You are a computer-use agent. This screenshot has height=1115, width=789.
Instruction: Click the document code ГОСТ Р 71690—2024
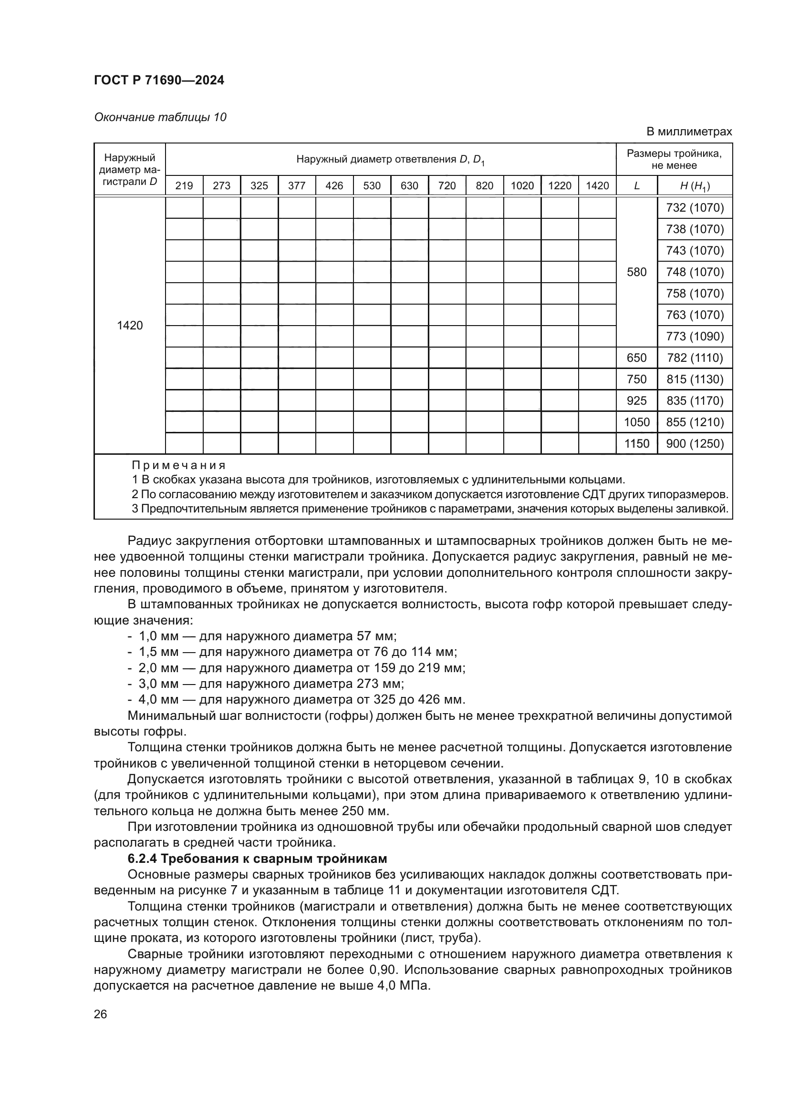[x=159, y=81]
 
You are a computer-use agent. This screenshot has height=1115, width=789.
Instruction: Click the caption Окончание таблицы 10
[x=160, y=117]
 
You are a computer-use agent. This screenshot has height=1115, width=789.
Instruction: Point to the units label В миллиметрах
[x=688, y=132]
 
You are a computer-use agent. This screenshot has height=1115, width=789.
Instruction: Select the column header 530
[x=372, y=185]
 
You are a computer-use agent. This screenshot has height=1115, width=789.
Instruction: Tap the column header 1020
[x=522, y=185]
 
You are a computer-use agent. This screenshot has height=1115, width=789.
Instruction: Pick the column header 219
[x=184, y=185]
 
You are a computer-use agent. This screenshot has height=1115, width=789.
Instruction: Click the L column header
[x=636, y=185]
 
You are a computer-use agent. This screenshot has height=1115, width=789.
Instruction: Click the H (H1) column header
[x=695, y=186]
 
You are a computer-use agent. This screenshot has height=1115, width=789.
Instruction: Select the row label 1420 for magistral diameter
[x=130, y=326]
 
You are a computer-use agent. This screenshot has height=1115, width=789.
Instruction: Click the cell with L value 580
[x=636, y=272]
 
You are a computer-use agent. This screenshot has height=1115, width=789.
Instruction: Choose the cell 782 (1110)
[x=695, y=358]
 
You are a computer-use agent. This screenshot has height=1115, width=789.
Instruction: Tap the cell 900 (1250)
[x=695, y=443]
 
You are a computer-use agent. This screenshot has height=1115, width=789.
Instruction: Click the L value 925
[x=636, y=400]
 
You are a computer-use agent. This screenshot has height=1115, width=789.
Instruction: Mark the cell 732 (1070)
[x=695, y=208]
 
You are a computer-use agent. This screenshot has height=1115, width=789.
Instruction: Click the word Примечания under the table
[x=179, y=465]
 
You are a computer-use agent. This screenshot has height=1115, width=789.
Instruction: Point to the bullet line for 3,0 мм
[x=265, y=684]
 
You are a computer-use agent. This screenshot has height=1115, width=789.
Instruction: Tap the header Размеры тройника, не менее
[x=674, y=159]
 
